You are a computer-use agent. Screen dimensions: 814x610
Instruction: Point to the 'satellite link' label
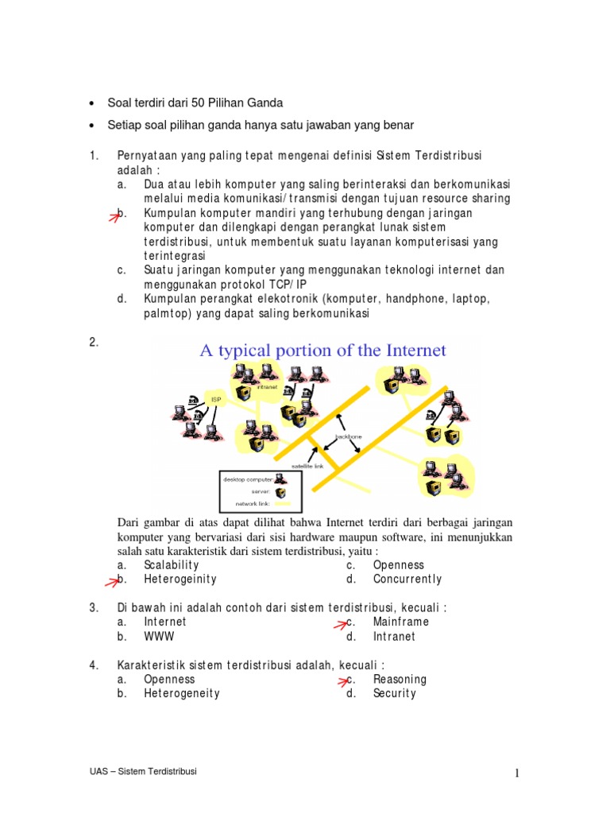point(307,467)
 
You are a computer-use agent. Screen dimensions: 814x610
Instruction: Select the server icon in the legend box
point(280,491)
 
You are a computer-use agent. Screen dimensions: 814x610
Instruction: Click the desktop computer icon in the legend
point(280,479)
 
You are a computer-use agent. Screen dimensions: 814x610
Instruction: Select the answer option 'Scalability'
point(172,565)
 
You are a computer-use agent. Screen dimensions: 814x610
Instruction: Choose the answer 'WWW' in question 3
point(159,637)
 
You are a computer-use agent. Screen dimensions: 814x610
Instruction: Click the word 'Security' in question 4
point(394,693)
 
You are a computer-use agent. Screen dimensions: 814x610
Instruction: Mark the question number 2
point(94,343)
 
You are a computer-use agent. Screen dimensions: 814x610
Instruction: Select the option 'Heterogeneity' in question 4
point(182,693)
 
